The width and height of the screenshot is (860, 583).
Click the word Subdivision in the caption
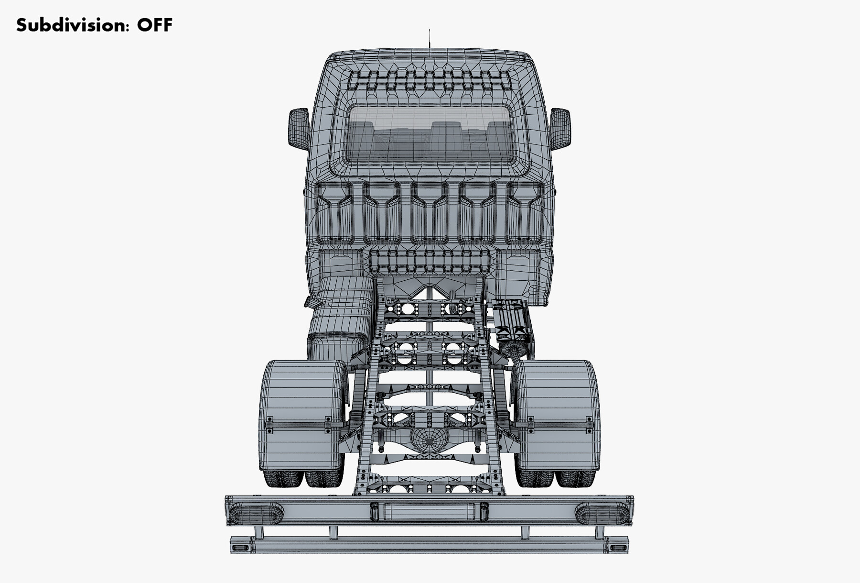[72, 25]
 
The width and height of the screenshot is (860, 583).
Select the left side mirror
[299, 128]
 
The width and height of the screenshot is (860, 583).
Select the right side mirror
[560, 128]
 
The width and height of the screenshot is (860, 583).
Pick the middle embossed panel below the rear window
[429, 213]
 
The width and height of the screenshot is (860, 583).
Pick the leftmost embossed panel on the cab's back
[333, 213]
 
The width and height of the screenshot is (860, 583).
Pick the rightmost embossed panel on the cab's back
[525, 213]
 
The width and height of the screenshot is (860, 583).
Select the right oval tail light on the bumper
[602, 513]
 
